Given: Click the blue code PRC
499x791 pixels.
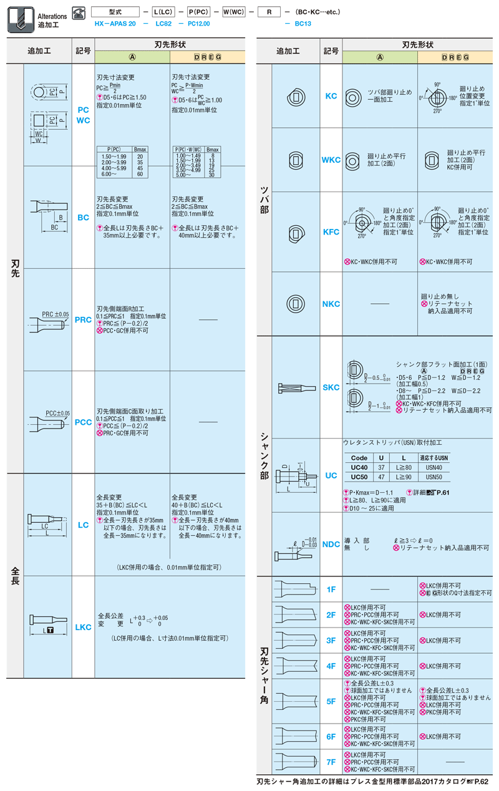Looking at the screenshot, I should coord(83,320).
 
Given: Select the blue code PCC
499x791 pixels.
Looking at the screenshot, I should coord(83,422).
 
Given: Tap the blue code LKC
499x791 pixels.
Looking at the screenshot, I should coord(83,627).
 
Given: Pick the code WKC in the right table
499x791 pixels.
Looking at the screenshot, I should coord(331,160).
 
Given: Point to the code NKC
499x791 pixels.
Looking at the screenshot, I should coord(331,304).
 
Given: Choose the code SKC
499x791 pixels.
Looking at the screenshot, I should coord(331,387).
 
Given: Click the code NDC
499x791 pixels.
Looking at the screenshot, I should coord(331,545).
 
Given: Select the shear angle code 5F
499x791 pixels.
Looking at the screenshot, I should coord(331,702).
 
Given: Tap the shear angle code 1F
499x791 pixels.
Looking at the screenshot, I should coord(331,590).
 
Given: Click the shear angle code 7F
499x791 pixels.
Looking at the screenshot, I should coord(331,762).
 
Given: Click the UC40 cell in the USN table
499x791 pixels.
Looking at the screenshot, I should coord(359,467).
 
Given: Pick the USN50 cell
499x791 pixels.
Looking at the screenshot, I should coord(434,477).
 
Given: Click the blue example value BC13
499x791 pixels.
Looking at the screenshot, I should coord(303,24).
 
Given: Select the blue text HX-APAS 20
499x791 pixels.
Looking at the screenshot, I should coord(115,24).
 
